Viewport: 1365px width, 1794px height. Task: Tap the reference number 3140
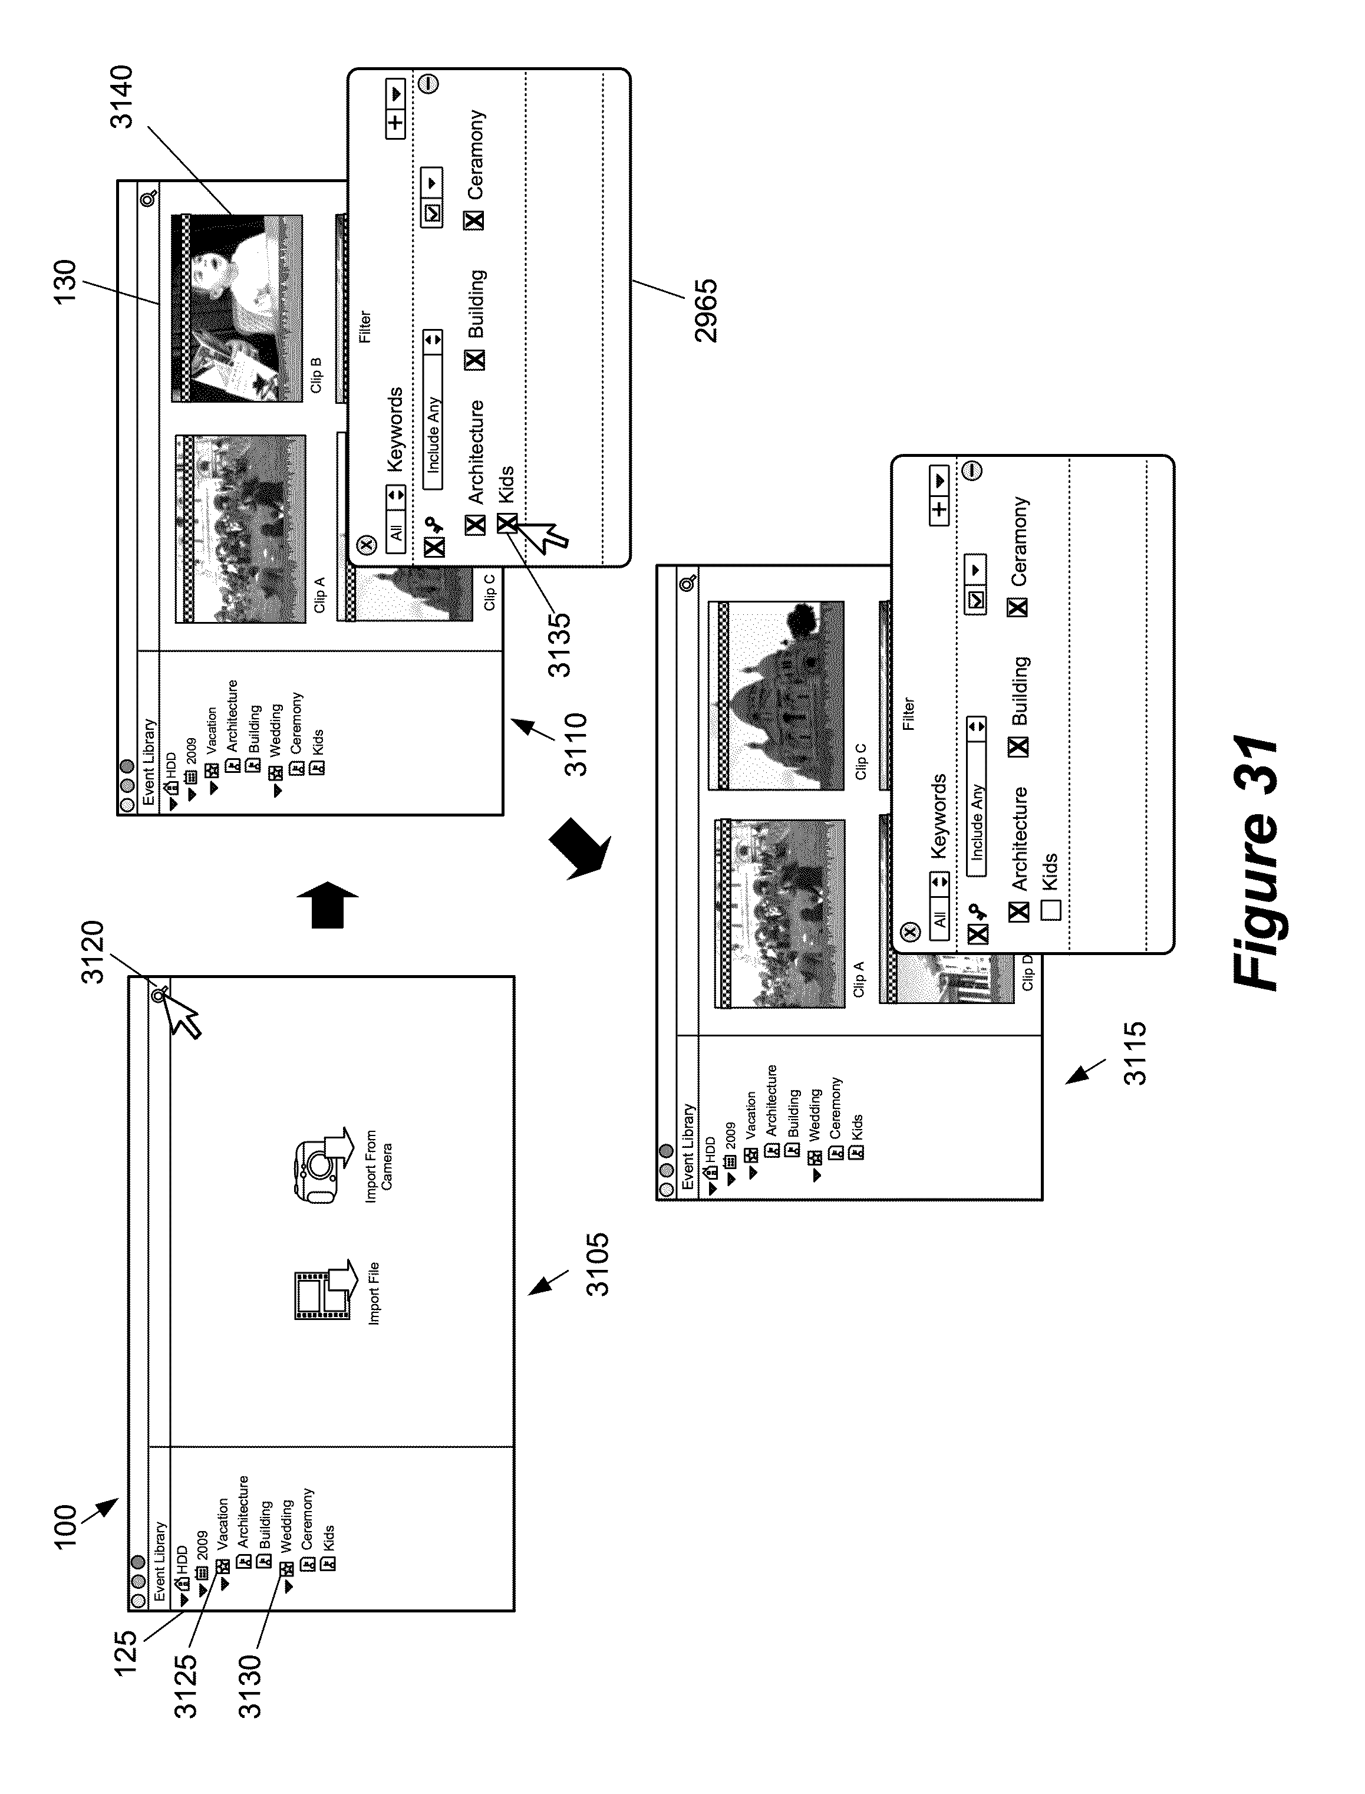[122, 97]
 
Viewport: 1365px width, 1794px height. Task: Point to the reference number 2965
[705, 310]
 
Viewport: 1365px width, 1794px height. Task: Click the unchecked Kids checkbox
[1051, 910]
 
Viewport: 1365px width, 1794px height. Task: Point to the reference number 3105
[597, 1264]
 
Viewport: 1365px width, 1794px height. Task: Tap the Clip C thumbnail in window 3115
[776, 694]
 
